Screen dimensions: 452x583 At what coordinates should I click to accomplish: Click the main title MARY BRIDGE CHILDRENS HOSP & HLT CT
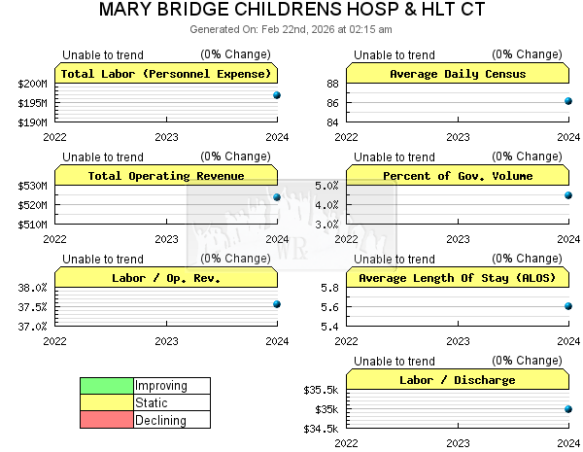tap(291, 11)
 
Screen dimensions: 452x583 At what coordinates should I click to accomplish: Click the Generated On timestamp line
tap(291, 29)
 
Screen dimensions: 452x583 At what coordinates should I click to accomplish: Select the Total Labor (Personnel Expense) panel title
tap(166, 74)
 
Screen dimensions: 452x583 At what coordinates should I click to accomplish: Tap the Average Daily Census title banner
tap(457, 74)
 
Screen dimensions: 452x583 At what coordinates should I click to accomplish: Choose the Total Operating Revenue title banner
tap(166, 176)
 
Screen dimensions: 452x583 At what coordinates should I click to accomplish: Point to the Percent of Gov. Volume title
tap(457, 176)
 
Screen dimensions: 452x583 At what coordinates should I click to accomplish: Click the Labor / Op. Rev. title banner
tap(166, 278)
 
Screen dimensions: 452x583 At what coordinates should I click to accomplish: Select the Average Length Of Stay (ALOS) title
tap(457, 278)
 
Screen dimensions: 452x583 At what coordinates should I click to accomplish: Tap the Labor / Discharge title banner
tap(457, 380)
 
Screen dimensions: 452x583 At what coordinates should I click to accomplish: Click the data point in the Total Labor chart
tap(277, 95)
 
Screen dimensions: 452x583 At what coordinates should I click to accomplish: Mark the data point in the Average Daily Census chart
tap(568, 101)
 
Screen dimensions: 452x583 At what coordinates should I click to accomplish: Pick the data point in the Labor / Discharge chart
tap(568, 409)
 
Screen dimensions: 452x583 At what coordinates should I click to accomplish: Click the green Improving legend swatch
tap(107, 386)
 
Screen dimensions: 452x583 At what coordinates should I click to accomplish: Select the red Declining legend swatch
tap(107, 420)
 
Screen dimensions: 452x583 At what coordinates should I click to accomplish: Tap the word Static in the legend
tap(152, 403)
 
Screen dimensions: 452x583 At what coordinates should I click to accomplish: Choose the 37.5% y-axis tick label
tap(33, 307)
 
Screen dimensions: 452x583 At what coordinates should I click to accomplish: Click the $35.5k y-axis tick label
tap(321, 390)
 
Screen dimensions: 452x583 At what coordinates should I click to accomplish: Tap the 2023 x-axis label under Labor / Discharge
tap(458, 443)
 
